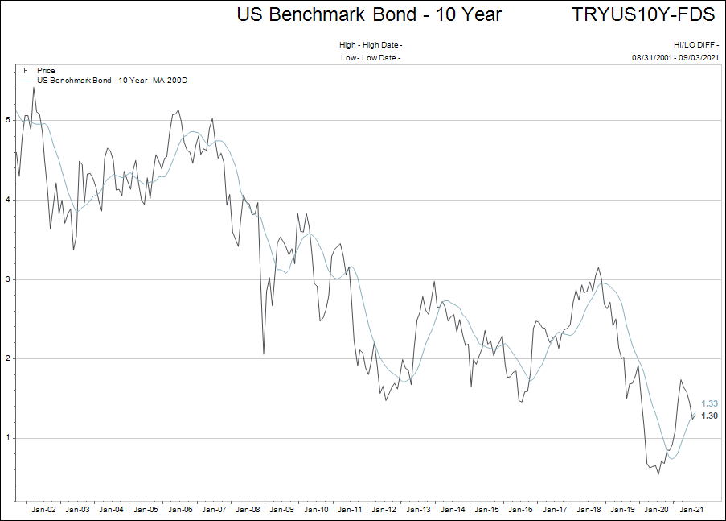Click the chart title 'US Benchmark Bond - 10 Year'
(x=369, y=14)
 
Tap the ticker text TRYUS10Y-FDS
(x=643, y=14)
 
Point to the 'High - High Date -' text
(x=371, y=45)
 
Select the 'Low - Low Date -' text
(x=371, y=58)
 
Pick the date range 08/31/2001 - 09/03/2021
(x=675, y=58)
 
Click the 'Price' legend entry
(x=46, y=71)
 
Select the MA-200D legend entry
(x=112, y=81)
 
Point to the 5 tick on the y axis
(x=8, y=120)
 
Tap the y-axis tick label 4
(x=8, y=200)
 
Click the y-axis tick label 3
(x=8, y=279)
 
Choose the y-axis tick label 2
(x=8, y=358)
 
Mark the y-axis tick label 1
(x=8, y=438)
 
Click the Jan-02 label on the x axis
(x=43, y=509)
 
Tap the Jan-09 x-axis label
(x=282, y=509)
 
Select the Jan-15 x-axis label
(x=488, y=509)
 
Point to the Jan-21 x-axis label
(x=693, y=509)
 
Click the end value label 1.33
(x=709, y=403)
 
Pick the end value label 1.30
(x=709, y=416)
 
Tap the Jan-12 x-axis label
(x=385, y=509)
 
